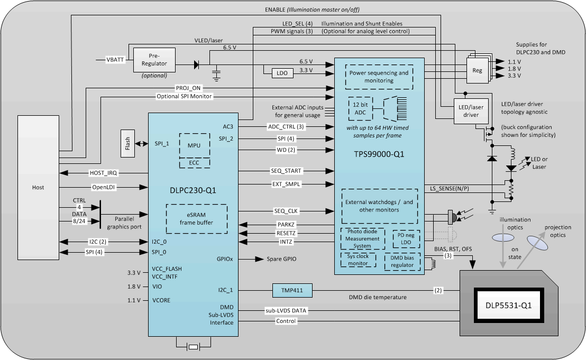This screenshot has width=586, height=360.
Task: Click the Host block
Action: [x=38, y=187]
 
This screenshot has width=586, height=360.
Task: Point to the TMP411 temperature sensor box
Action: [x=292, y=290]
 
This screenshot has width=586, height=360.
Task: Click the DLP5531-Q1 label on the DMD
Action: [x=509, y=305]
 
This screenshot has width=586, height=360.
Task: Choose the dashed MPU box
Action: [x=194, y=145]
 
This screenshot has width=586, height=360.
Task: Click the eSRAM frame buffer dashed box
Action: [x=197, y=219]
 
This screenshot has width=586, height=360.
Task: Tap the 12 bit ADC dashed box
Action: [x=360, y=108]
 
